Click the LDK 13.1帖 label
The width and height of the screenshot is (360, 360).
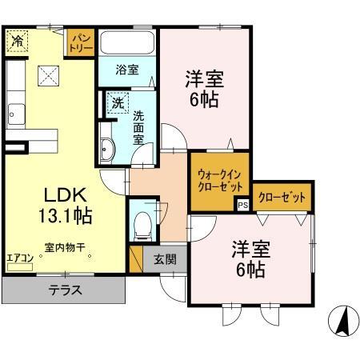click(60, 204)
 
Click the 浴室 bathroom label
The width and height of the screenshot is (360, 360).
click(127, 69)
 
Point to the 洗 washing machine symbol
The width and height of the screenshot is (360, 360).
click(117, 102)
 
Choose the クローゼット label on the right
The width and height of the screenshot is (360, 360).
click(282, 194)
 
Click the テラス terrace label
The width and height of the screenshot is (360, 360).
click(64, 290)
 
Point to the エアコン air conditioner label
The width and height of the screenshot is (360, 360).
click(19, 258)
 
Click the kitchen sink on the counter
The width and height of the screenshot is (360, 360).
click(15, 113)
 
